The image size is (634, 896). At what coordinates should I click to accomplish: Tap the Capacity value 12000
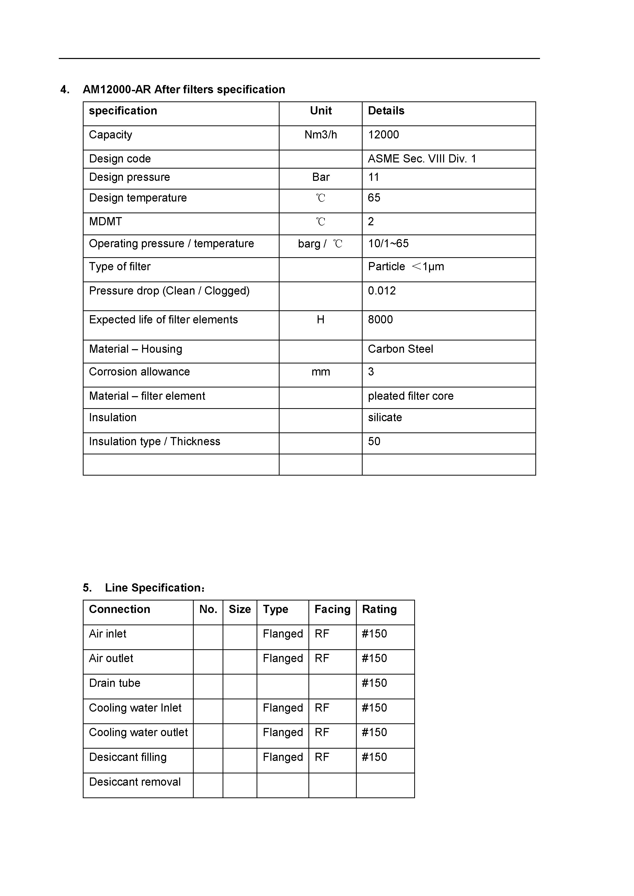[x=383, y=135]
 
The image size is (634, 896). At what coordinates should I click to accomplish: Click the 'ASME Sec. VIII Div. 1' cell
[x=422, y=159]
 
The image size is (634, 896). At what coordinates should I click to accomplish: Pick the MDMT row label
[x=105, y=222]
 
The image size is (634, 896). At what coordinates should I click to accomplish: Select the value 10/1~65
[x=388, y=243]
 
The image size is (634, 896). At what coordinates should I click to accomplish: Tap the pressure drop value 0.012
[x=382, y=291]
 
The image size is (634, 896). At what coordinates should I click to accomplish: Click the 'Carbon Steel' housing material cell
[x=400, y=349]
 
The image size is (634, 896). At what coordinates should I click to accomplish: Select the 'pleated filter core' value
[x=410, y=396]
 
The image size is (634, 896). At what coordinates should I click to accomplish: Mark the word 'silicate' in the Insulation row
[x=385, y=418]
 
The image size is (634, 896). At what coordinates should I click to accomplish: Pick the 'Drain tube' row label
[x=114, y=683]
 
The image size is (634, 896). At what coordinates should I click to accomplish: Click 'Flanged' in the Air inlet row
[x=283, y=634]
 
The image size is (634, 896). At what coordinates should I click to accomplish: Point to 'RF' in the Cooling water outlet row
[x=322, y=733]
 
